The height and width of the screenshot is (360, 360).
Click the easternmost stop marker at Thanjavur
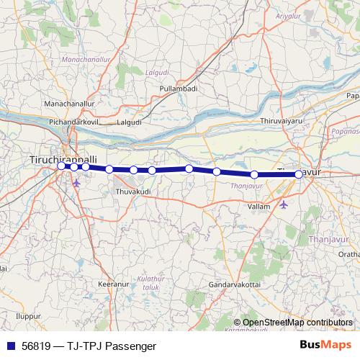299,174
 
